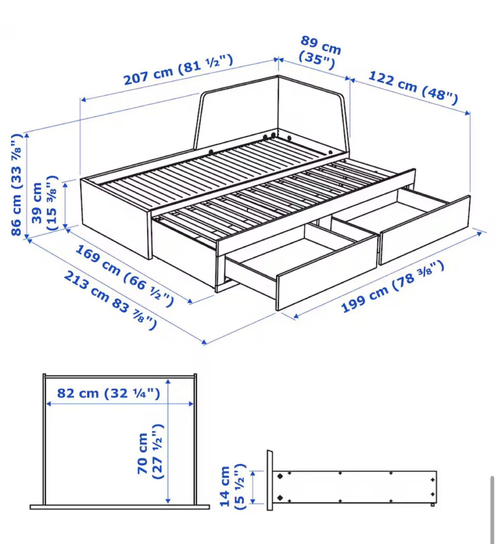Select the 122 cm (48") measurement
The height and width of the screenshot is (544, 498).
coord(413,87)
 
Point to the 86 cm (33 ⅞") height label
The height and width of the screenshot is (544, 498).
coord(17,185)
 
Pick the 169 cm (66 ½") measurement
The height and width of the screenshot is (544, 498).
coord(125,275)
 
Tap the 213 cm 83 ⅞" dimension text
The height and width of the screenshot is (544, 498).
coord(110,300)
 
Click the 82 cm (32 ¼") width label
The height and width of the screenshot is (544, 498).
coord(108,393)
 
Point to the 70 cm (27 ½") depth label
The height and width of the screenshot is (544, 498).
coord(150,452)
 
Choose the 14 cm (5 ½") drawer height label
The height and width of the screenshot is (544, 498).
coord(231,487)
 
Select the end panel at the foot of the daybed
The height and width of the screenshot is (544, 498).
coord(116,219)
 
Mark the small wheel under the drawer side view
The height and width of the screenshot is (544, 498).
coord(433,505)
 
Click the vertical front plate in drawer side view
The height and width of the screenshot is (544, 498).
coord(270,480)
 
